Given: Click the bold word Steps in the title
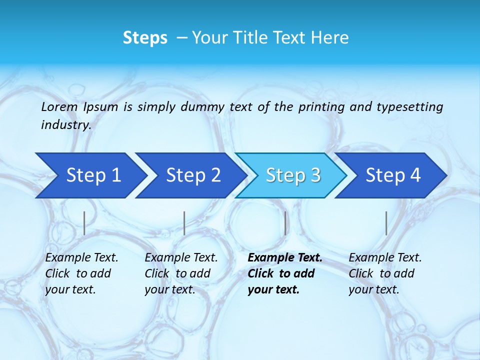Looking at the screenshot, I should click(x=145, y=38).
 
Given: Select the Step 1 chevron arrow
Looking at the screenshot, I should click(x=90, y=175).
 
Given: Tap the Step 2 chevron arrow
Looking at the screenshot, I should click(x=190, y=175).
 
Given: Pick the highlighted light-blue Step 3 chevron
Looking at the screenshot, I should click(x=290, y=175).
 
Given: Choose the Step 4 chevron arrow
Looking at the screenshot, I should click(x=390, y=175).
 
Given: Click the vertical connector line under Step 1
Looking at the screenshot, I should click(x=84, y=223).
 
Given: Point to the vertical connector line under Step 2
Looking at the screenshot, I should click(x=184, y=223).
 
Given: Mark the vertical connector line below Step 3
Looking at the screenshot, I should click(x=285, y=223).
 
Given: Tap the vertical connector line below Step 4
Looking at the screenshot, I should click(x=386, y=223).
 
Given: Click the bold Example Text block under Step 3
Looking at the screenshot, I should click(x=284, y=273).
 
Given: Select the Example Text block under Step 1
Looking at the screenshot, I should click(x=81, y=273).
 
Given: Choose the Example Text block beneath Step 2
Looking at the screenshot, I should click(x=180, y=273).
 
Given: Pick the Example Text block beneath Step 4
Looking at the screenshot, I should click(x=384, y=273).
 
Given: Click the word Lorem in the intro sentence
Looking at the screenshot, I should click(x=59, y=107).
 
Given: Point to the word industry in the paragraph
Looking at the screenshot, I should click(x=65, y=125).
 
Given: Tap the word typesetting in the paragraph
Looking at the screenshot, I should click(x=409, y=107).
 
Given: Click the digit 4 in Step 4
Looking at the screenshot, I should click(x=415, y=175).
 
